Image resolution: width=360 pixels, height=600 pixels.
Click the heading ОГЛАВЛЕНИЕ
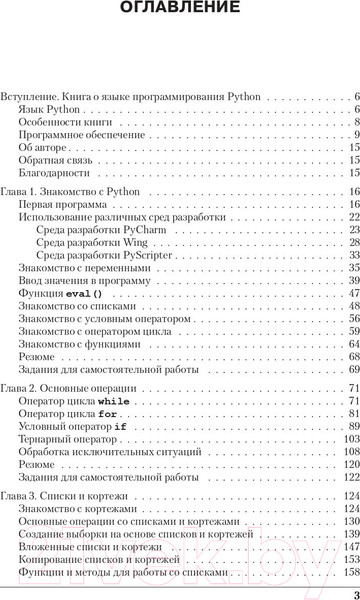(179, 10)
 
